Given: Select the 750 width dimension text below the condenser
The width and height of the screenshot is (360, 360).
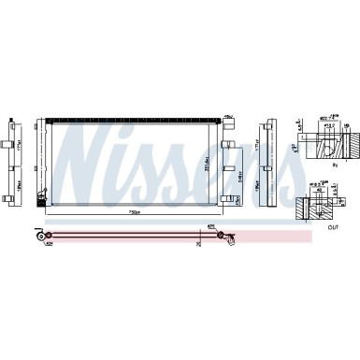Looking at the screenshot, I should [x=134, y=212].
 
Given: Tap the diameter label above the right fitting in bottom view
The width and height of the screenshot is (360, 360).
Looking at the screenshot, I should [x=212, y=225].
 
